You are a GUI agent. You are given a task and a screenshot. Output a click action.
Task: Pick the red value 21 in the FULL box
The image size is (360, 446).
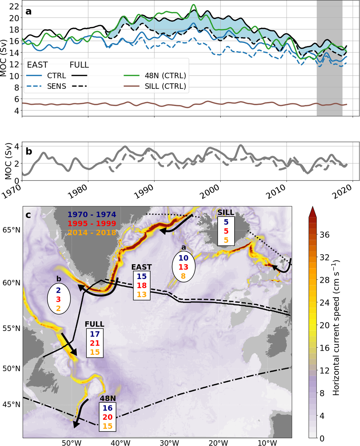[x=95, y=343]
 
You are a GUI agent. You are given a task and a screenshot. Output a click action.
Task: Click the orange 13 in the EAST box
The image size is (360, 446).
[x=142, y=294]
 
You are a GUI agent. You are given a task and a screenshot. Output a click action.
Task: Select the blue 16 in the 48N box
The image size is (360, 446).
[x=107, y=408]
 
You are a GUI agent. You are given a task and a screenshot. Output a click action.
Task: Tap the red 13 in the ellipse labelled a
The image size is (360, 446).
[x=183, y=267]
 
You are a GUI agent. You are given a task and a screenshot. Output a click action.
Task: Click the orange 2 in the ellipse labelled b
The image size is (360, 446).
[x=58, y=308]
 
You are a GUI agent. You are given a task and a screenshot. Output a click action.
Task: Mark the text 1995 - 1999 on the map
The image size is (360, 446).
[x=92, y=224]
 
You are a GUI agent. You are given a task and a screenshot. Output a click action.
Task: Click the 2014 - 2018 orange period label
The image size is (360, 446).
[x=92, y=233]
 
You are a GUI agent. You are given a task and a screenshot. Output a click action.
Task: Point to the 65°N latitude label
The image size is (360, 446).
[x=11, y=230]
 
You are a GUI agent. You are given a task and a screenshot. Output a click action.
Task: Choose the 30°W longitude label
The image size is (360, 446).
[x=169, y=443]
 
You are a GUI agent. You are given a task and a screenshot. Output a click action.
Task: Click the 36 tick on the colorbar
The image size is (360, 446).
[x=325, y=235]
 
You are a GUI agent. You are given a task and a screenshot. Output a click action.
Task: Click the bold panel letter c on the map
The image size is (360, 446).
[x=28, y=214]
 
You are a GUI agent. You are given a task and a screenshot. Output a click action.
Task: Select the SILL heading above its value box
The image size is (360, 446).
[x=226, y=212]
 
